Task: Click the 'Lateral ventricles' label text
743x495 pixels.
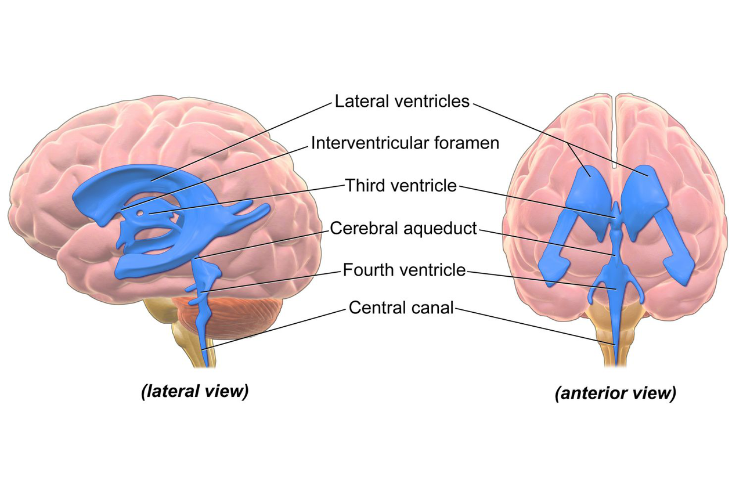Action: (x=402, y=101)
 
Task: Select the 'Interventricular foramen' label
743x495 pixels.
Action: (x=405, y=143)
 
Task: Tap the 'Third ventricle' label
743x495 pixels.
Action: (x=401, y=186)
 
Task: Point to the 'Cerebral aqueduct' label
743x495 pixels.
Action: (x=403, y=228)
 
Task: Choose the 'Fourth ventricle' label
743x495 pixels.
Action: (x=404, y=270)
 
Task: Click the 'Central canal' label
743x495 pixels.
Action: (x=401, y=308)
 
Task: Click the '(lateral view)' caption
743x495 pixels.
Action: (x=194, y=391)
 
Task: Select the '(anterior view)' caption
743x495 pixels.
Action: (x=615, y=393)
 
